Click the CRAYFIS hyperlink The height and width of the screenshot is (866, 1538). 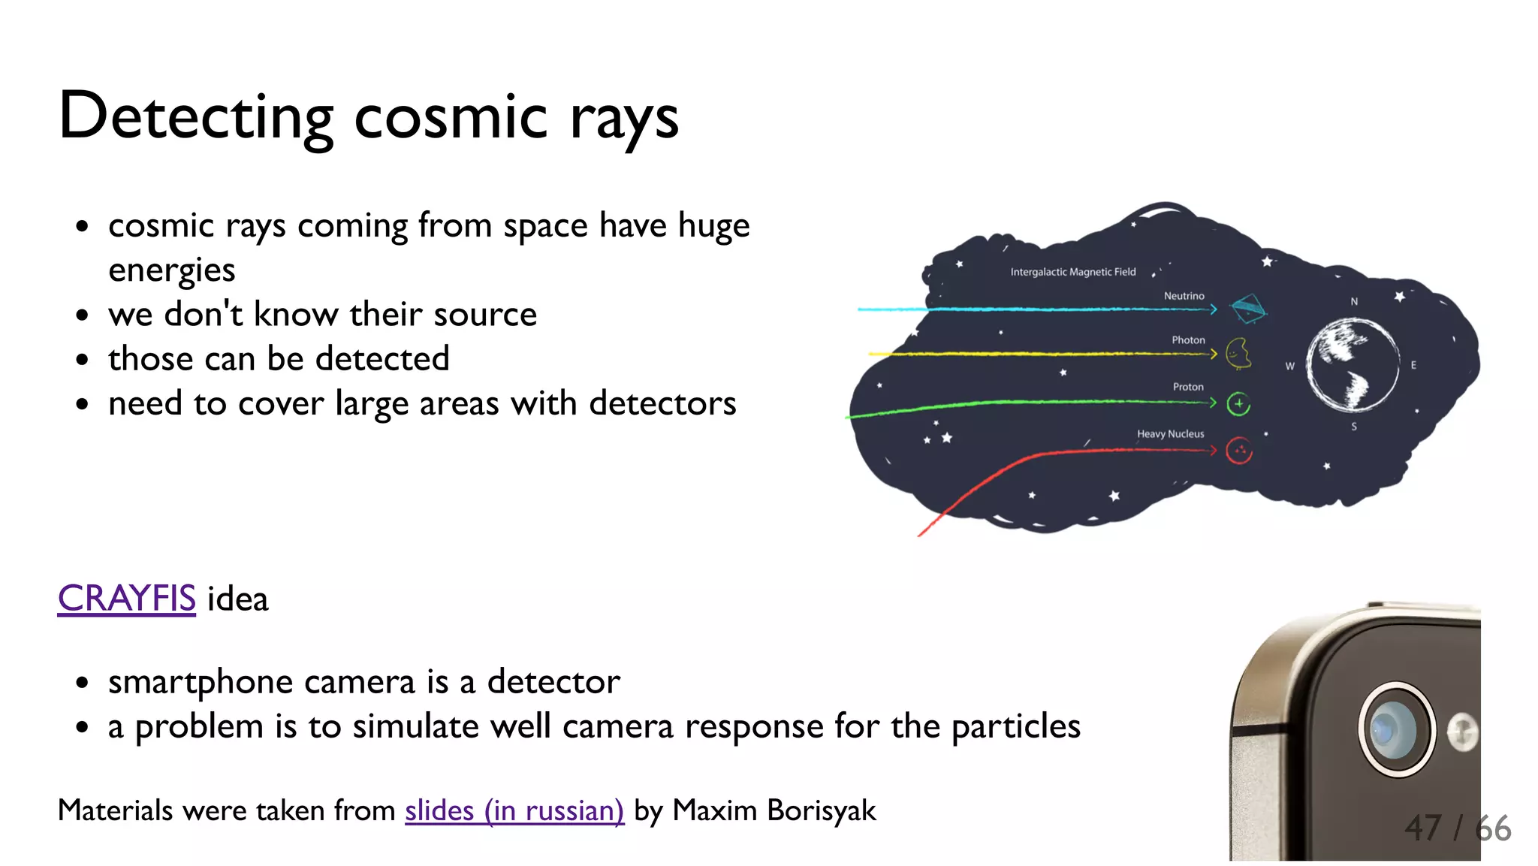[x=126, y=599]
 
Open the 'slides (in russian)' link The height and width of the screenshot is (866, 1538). [x=514, y=810]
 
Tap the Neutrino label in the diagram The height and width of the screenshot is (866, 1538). [x=1184, y=296]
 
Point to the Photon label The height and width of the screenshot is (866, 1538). [x=1188, y=340]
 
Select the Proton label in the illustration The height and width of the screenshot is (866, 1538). [x=1188, y=387]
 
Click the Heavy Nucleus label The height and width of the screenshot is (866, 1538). [x=1170, y=434]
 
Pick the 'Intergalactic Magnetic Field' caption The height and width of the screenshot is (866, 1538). [x=1072, y=272]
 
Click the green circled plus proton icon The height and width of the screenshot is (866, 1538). [x=1238, y=404]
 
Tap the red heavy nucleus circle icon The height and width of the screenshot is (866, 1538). [x=1239, y=451]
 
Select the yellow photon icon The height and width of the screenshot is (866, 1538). [x=1238, y=353]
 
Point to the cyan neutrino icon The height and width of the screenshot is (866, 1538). [x=1247, y=308]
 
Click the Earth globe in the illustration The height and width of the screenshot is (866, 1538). [x=1353, y=364]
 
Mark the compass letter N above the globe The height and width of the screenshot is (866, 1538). [x=1354, y=301]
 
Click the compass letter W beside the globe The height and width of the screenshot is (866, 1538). [x=1289, y=367]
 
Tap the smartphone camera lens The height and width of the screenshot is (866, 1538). [x=1395, y=729]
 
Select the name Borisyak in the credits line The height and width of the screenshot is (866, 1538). [x=822, y=810]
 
